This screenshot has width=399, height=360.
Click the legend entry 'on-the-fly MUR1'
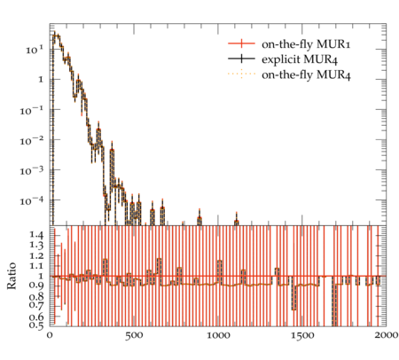tap(306, 44)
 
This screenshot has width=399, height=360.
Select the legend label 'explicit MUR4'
tap(300, 59)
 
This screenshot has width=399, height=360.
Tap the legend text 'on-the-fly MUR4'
tap(306, 74)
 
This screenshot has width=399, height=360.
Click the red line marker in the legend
tap(241, 43)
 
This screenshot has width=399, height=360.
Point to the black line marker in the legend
tap(241, 59)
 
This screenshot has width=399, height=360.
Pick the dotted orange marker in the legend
tap(241, 74)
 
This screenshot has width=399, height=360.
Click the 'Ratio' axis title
tap(12, 276)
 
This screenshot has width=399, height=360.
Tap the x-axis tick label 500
tap(134, 335)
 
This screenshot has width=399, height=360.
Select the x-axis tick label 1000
tap(218, 335)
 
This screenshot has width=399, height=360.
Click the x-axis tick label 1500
tap(302, 335)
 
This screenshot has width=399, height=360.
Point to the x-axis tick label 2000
tap(386, 335)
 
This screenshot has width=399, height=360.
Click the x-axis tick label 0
tap(50, 335)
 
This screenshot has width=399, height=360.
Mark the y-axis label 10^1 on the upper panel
tap(35, 50)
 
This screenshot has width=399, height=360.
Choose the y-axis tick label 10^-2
tap(32, 140)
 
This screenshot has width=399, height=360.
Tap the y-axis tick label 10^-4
tap(32, 201)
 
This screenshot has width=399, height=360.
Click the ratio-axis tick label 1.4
tap(36, 236)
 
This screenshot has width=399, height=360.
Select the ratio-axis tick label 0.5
tap(36, 325)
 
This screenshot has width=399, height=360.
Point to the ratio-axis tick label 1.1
tap(36, 266)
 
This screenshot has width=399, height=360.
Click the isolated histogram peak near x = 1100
tap(236, 221)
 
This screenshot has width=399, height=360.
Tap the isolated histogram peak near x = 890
tap(199, 219)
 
